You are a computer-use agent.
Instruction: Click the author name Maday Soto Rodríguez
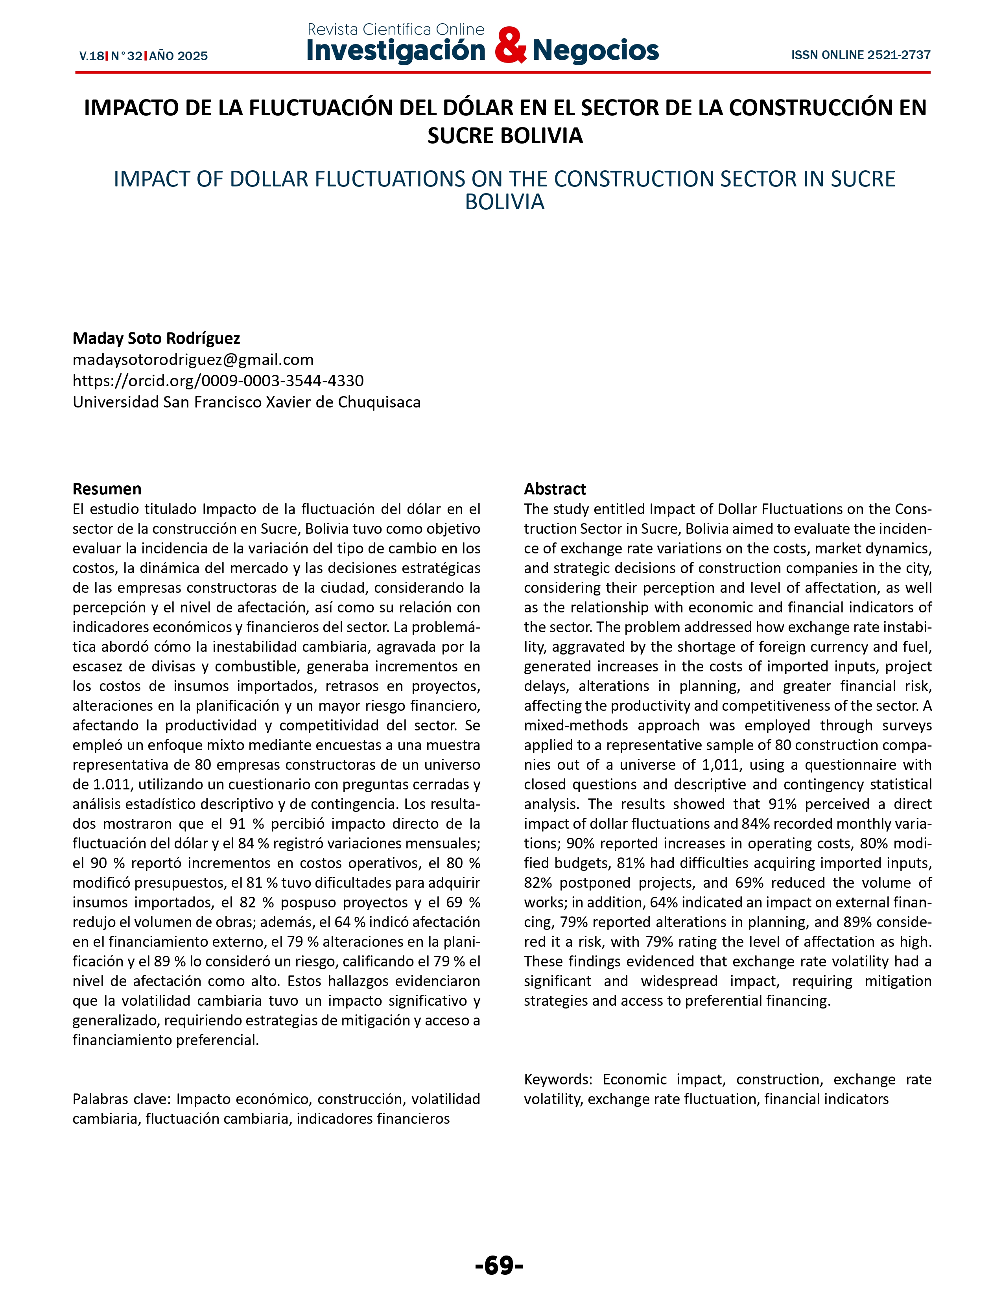point(156,338)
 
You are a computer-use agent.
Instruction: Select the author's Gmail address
point(193,360)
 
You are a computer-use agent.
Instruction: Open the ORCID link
point(218,380)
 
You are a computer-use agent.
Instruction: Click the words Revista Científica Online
point(396,29)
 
